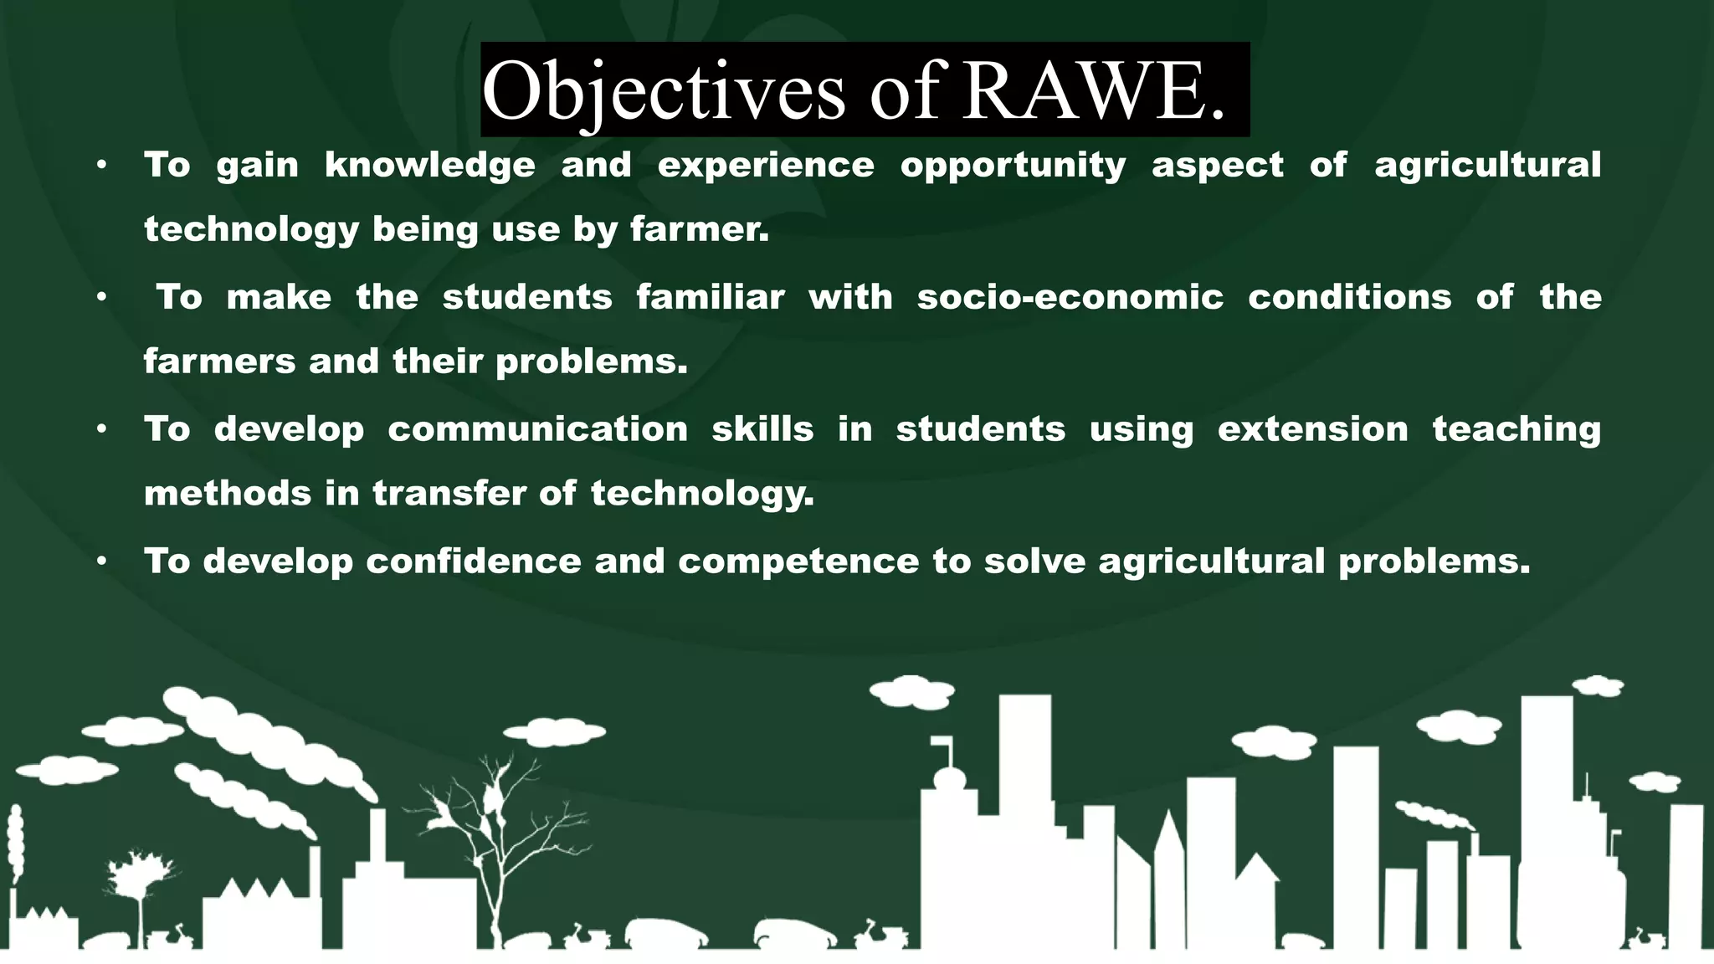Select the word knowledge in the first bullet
429,166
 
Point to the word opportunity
1013,166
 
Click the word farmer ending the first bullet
698,229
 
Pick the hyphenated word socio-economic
1070,297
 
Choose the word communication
537,429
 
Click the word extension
1312,429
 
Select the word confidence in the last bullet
473,561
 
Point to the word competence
798,561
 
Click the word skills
762,429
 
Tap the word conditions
1349,297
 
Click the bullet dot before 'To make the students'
101,297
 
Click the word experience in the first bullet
766,166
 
